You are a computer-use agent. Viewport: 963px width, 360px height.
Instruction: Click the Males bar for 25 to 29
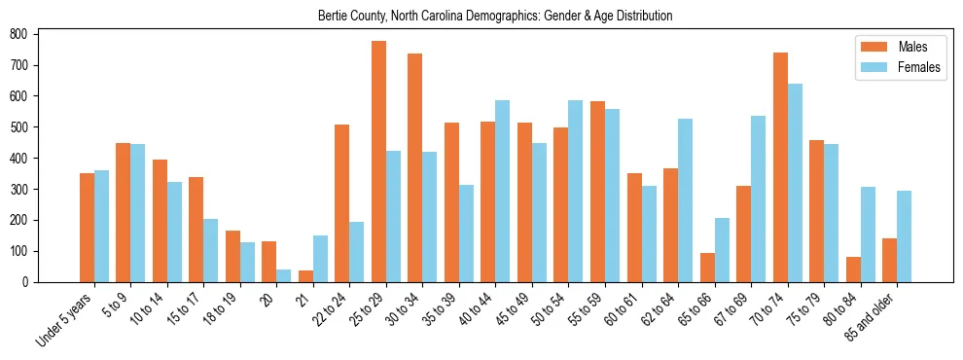(378, 162)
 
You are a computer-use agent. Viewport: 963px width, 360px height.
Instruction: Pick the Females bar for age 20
(284, 275)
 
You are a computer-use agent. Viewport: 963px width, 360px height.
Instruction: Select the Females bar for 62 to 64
(685, 200)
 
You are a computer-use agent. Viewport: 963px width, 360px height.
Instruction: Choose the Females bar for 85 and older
(904, 236)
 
